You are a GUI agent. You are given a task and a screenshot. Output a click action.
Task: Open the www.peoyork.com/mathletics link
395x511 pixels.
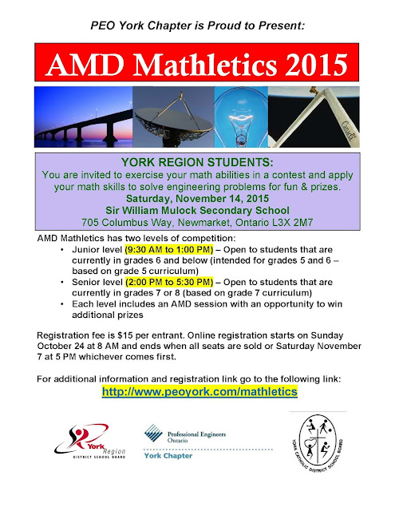tap(199, 392)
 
